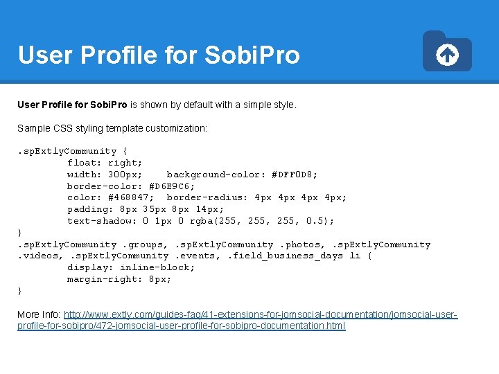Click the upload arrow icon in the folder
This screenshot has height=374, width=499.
click(448, 55)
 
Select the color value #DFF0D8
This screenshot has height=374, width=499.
click(295, 175)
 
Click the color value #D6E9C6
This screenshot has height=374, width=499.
click(172, 186)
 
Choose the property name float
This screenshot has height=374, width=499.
click(81, 163)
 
